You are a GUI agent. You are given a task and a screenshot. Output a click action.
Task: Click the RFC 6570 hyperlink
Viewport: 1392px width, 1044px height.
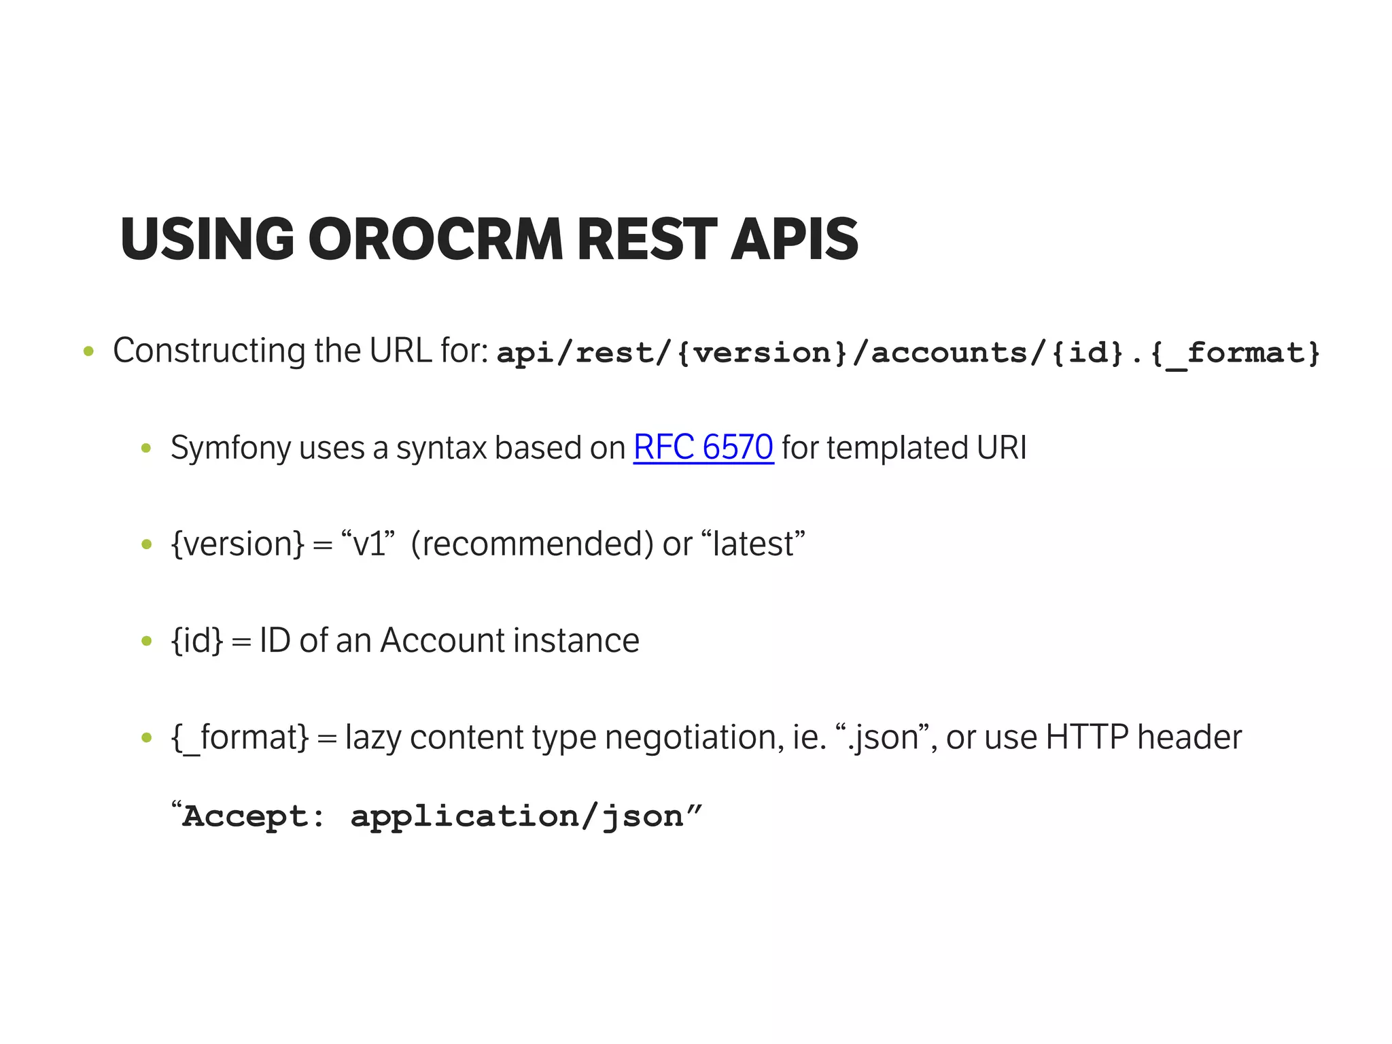(703, 447)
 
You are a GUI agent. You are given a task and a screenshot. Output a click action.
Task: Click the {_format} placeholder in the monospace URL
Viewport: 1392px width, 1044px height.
(1234, 353)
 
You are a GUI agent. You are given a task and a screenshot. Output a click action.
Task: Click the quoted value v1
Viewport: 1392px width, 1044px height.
(368, 544)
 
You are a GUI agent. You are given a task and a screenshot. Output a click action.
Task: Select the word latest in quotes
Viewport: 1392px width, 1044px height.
(752, 544)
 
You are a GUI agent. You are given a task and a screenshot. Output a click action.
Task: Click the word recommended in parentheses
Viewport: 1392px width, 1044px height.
(527, 544)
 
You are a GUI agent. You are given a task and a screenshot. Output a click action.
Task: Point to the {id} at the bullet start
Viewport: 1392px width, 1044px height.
(196, 641)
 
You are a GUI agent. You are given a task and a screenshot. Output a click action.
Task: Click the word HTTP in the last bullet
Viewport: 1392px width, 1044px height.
(1087, 737)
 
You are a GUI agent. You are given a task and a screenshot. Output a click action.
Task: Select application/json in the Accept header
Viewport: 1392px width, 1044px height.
(516, 816)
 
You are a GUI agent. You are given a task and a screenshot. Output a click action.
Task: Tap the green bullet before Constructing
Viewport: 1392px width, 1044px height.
(88, 352)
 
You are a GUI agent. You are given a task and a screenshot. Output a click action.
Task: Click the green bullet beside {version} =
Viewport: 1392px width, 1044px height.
(145, 544)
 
